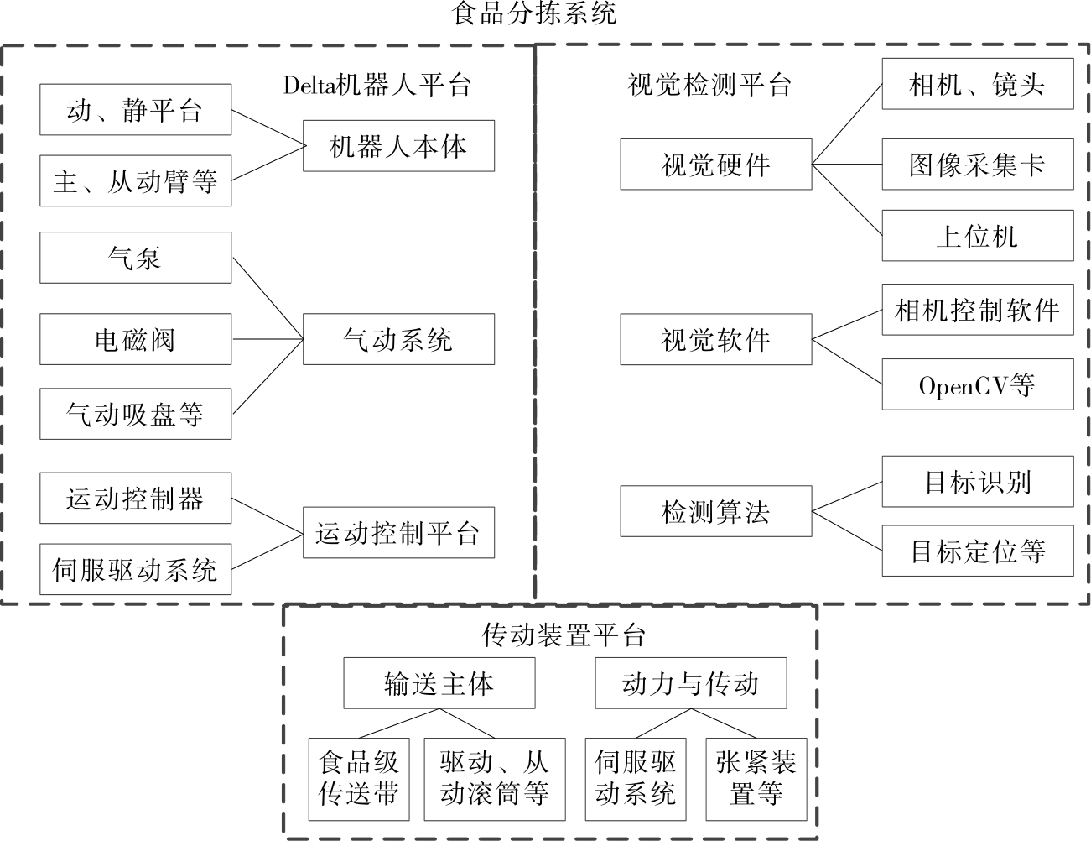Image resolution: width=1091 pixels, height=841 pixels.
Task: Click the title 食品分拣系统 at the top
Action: (x=535, y=14)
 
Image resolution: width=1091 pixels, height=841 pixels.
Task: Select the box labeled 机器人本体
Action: (x=398, y=146)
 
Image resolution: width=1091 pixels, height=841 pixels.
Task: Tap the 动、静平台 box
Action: (x=135, y=109)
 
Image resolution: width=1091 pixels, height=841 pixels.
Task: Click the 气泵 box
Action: (x=135, y=258)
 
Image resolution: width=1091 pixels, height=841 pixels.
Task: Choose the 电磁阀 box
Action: (x=135, y=339)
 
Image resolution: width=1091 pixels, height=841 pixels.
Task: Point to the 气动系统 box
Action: (x=398, y=339)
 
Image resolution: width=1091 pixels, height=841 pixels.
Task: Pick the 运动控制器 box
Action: (x=135, y=499)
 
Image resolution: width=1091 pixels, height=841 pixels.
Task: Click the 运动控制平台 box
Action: (x=398, y=533)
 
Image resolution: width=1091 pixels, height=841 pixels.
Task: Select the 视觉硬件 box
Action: (x=715, y=165)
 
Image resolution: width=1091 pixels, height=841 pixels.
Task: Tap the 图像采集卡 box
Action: (x=977, y=165)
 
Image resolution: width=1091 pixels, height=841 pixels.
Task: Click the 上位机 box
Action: (x=977, y=236)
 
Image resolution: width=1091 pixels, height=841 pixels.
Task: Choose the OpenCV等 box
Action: (x=977, y=385)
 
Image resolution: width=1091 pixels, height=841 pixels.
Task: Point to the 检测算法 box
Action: (x=715, y=511)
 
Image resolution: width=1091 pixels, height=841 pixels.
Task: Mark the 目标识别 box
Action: (x=977, y=482)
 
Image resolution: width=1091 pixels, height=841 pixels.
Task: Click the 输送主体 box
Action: (x=439, y=683)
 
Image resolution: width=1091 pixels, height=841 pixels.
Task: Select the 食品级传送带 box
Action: (x=359, y=779)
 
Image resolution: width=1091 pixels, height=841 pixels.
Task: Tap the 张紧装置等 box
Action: (x=756, y=779)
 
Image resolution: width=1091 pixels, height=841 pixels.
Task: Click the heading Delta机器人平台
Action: (x=377, y=85)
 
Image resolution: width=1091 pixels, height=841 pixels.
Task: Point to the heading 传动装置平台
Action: (x=564, y=635)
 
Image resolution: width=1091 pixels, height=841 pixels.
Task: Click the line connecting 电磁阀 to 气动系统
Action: (x=267, y=339)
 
